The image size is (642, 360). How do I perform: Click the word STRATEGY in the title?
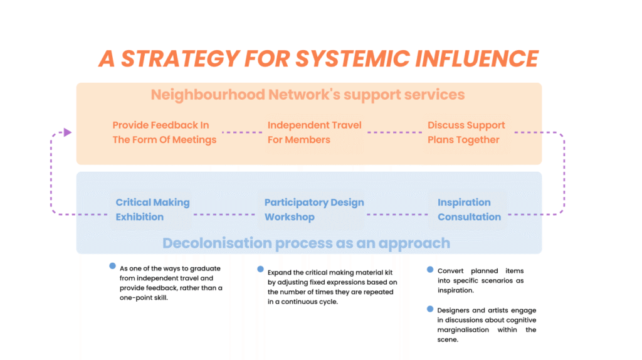coord(180,58)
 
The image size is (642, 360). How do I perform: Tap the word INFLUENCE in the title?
coord(476,58)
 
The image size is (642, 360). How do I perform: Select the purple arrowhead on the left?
coord(68,132)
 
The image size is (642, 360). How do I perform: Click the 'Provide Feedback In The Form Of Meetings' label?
coord(165,132)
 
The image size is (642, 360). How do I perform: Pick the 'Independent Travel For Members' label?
coord(315,132)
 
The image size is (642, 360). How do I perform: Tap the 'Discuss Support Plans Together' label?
coord(466,132)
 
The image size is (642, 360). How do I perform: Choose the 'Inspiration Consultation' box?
coord(468,209)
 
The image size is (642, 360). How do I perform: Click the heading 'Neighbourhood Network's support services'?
coord(308,95)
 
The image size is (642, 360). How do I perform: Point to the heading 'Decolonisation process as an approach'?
coord(306,243)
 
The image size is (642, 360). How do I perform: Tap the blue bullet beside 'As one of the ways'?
coord(113,266)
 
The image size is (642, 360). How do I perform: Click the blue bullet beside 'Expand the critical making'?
coord(260,269)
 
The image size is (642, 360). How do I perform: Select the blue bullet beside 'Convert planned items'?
coord(430,270)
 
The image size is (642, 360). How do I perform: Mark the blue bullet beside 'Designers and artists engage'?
coord(430,309)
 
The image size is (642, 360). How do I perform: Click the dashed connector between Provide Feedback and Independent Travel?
coord(242,132)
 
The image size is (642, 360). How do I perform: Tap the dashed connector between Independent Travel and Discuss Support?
coord(395,132)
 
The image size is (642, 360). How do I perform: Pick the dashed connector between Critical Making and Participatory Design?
coord(224,214)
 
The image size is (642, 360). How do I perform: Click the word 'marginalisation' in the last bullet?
coord(463,330)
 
